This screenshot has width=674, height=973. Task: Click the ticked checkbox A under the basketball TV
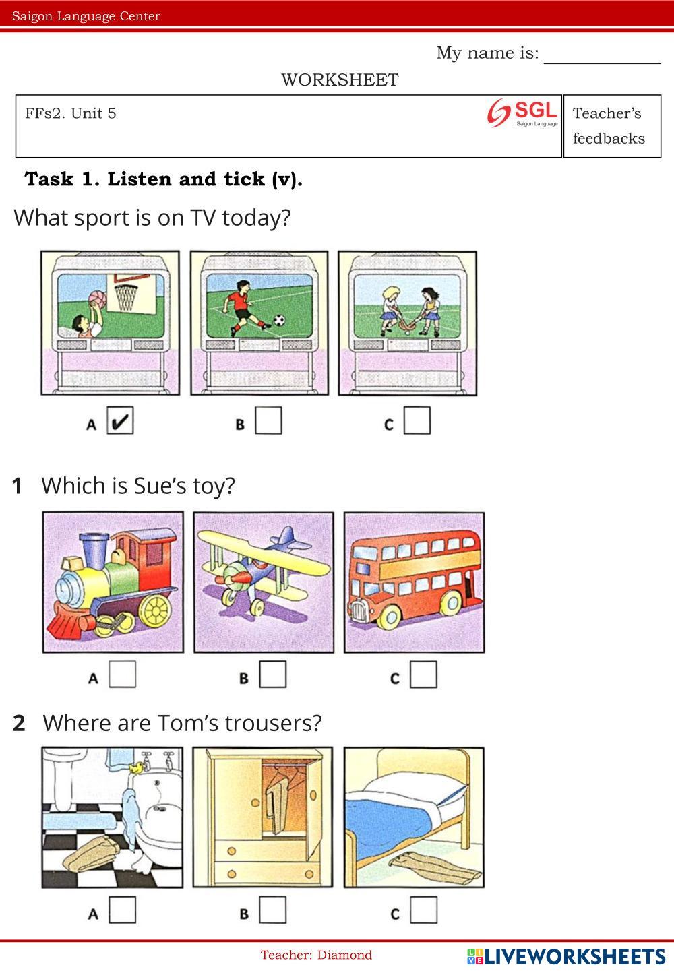coord(121,420)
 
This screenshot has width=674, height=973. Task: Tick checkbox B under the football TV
coord(268,420)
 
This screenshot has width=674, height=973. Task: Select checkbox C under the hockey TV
coord(417,420)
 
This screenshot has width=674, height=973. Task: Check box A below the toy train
coord(123,674)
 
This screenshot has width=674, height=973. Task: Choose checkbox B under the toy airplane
coord(273,674)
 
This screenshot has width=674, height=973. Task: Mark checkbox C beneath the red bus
coord(424,674)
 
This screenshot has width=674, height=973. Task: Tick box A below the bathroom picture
coord(123,910)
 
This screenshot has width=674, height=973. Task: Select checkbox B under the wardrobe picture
coord(273,910)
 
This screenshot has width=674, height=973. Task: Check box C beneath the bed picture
coord(424,910)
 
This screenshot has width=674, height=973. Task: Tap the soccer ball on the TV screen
coord(280,321)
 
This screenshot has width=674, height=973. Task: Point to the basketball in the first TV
coord(97,299)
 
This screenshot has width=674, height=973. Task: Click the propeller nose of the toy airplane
coord(237,577)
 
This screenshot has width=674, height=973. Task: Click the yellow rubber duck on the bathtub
coord(136,768)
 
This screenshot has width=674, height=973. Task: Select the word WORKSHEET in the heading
coord(340,80)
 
